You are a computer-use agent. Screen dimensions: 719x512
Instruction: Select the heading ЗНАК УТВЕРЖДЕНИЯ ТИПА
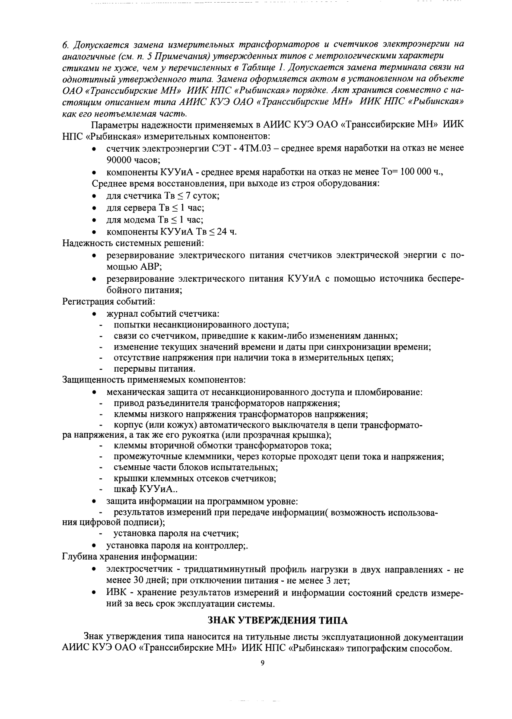point(278,621)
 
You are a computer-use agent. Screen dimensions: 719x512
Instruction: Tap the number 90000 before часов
point(119,160)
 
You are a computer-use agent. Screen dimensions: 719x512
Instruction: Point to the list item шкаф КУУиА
point(143,490)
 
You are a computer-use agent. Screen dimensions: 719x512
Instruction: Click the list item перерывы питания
point(154,369)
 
